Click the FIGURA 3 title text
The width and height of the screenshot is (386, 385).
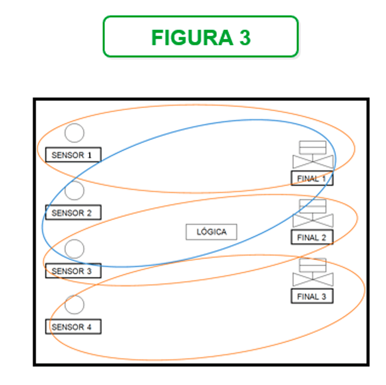[201, 37]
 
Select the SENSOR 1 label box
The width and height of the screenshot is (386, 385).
[73, 154]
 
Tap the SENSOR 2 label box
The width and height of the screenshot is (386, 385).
[73, 212]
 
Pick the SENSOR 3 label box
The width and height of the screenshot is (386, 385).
[73, 270]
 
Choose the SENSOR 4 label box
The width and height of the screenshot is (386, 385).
[73, 326]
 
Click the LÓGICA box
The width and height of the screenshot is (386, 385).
[211, 232]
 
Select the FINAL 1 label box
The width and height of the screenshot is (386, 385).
[311, 179]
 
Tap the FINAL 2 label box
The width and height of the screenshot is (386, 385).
[311, 237]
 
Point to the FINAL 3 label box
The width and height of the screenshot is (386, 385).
[311, 296]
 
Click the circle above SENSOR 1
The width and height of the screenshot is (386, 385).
[75, 133]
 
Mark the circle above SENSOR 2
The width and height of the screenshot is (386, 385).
[75, 191]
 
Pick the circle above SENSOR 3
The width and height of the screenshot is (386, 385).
[75, 249]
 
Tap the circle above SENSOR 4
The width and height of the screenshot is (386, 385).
[75, 305]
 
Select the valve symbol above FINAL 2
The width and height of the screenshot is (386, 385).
[313, 214]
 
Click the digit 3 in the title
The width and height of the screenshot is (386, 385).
[244, 37]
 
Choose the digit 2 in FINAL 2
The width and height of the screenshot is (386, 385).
[323, 238]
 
